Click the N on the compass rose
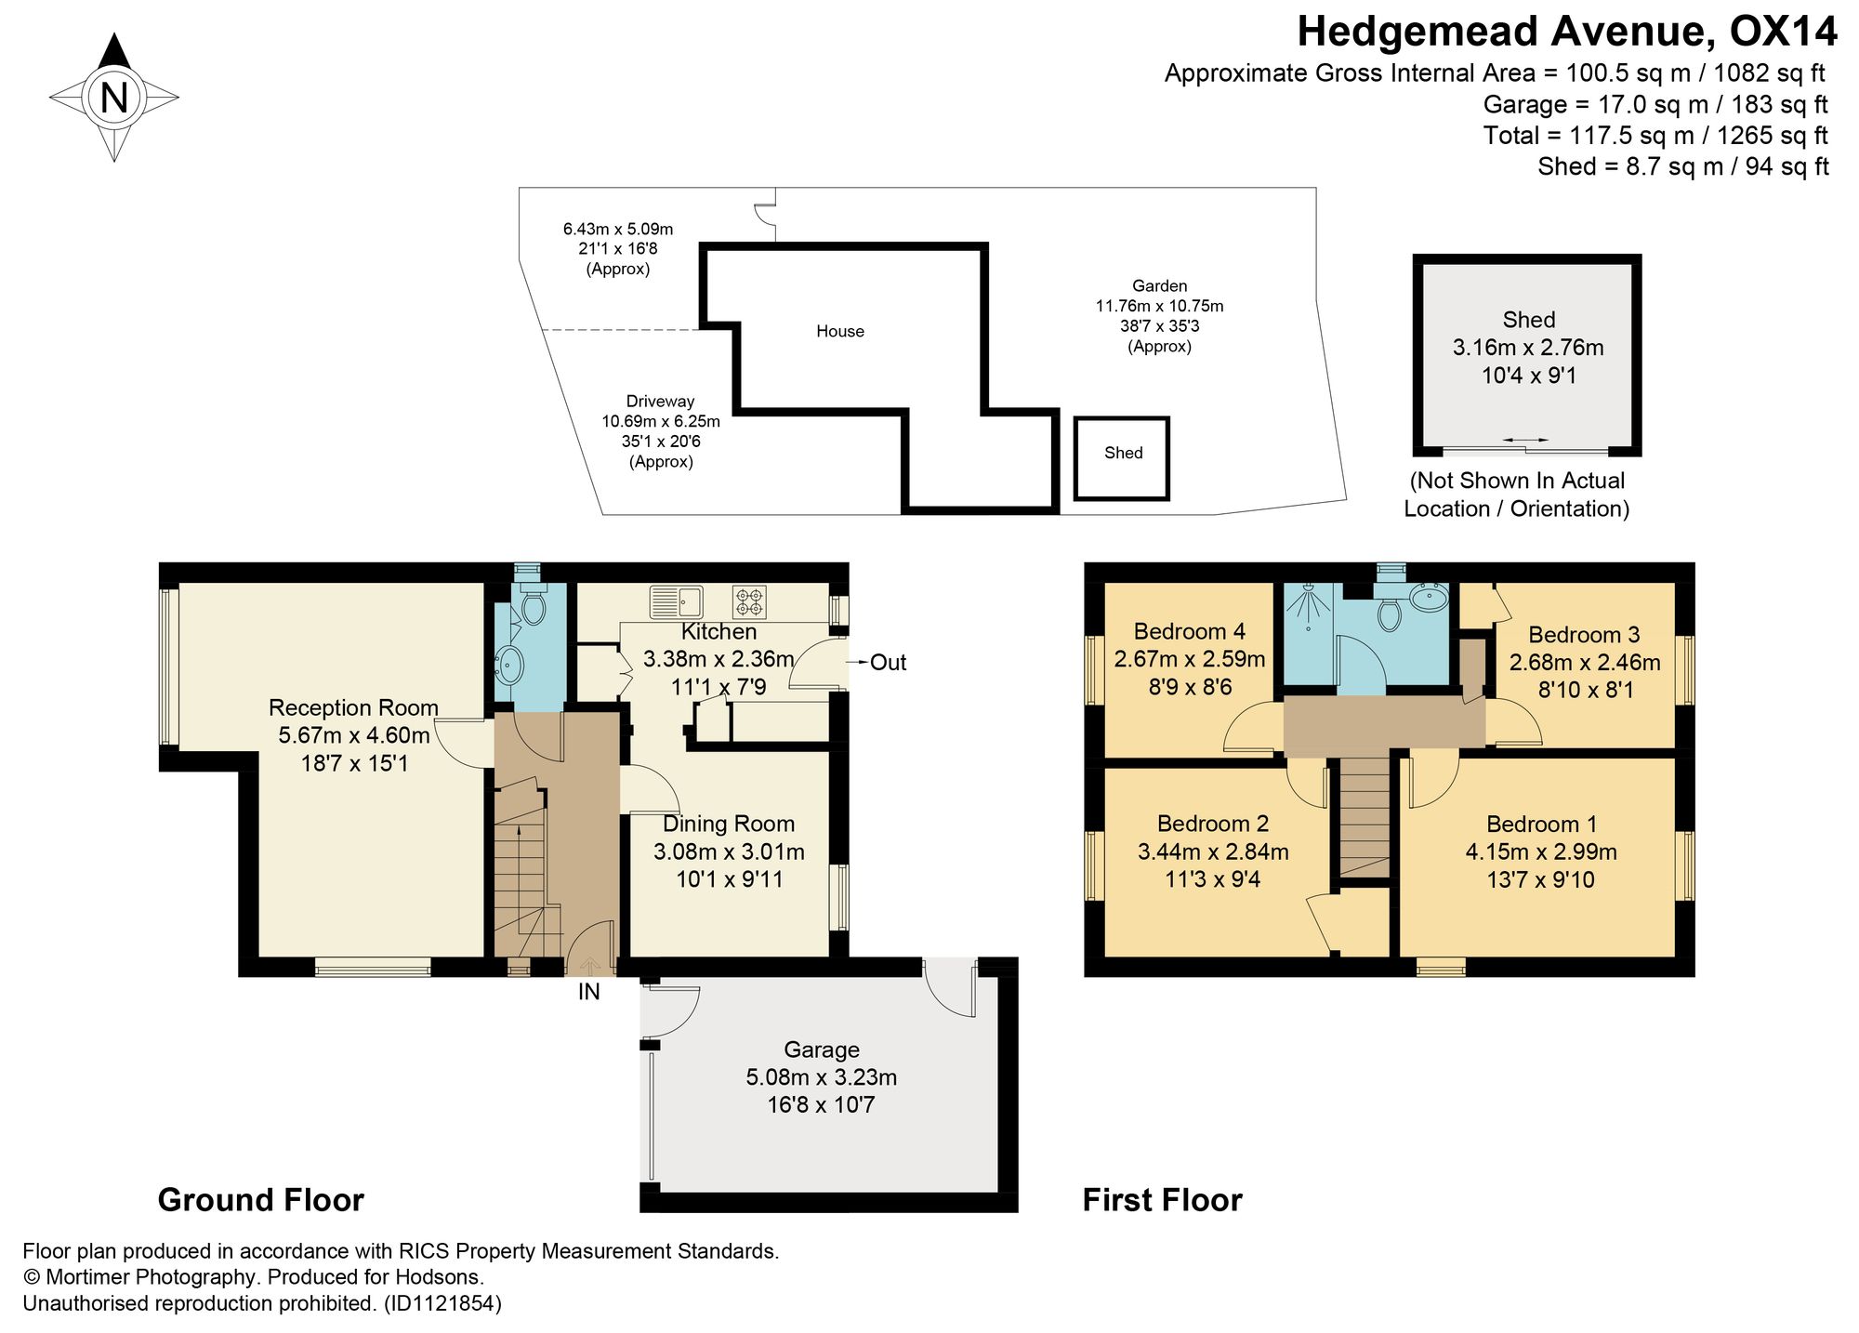113,97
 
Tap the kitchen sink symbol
676,601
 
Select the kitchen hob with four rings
750,601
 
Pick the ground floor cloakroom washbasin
508,666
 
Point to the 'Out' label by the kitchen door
888,663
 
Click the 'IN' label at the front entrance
589,992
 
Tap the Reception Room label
353,707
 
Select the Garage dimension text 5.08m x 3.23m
821,1077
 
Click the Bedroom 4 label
1190,632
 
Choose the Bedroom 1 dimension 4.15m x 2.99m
1541,851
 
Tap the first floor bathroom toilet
1390,613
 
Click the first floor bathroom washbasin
1429,596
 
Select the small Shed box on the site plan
1122,458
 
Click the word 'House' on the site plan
840,331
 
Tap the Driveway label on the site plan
660,402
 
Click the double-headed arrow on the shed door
1526,440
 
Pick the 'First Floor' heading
1162,1200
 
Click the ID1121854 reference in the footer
443,1303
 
